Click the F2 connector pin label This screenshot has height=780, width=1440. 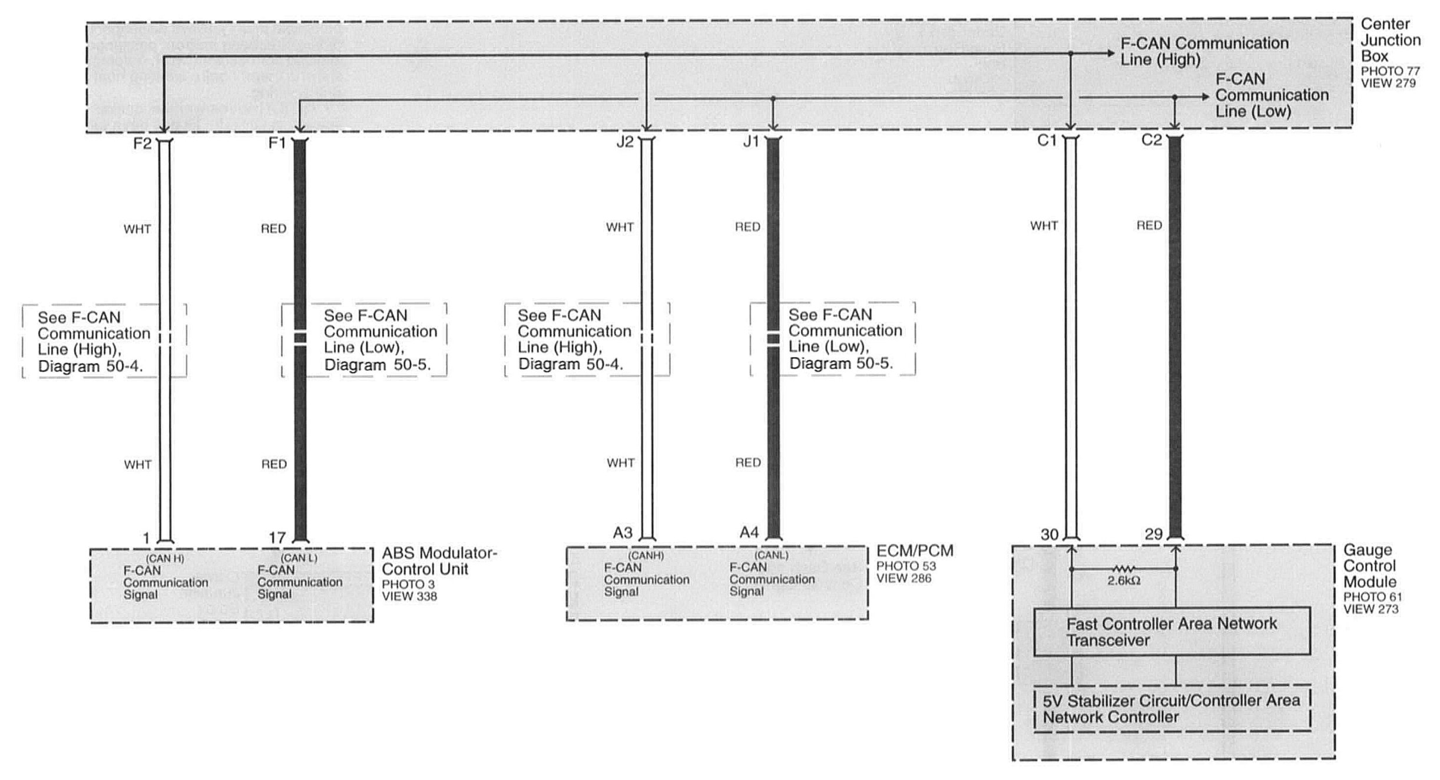[x=142, y=144]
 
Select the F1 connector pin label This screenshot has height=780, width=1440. [x=277, y=143]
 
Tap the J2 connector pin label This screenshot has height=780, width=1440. [x=624, y=143]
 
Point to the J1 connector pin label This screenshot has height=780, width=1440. [x=751, y=142]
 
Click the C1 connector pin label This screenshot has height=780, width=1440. [x=1047, y=141]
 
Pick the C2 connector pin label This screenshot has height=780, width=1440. [x=1151, y=140]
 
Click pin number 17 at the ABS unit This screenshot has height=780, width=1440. [x=277, y=537]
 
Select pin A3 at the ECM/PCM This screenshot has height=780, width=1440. [x=623, y=533]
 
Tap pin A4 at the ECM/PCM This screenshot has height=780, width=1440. [x=749, y=533]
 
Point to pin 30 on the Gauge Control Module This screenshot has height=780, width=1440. [x=1050, y=534]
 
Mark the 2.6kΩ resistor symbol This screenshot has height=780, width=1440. [x=1123, y=569]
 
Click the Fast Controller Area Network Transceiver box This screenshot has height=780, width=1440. [x=1171, y=632]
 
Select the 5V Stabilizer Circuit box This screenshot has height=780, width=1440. [x=1171, y=709]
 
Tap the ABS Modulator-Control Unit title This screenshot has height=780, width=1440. [x=439, y=561]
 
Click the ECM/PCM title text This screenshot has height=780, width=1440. [x=915, y=551]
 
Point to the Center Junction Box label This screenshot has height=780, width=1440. [x=1390, y=40]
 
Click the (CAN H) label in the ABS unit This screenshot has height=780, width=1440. [x=165, y=558]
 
